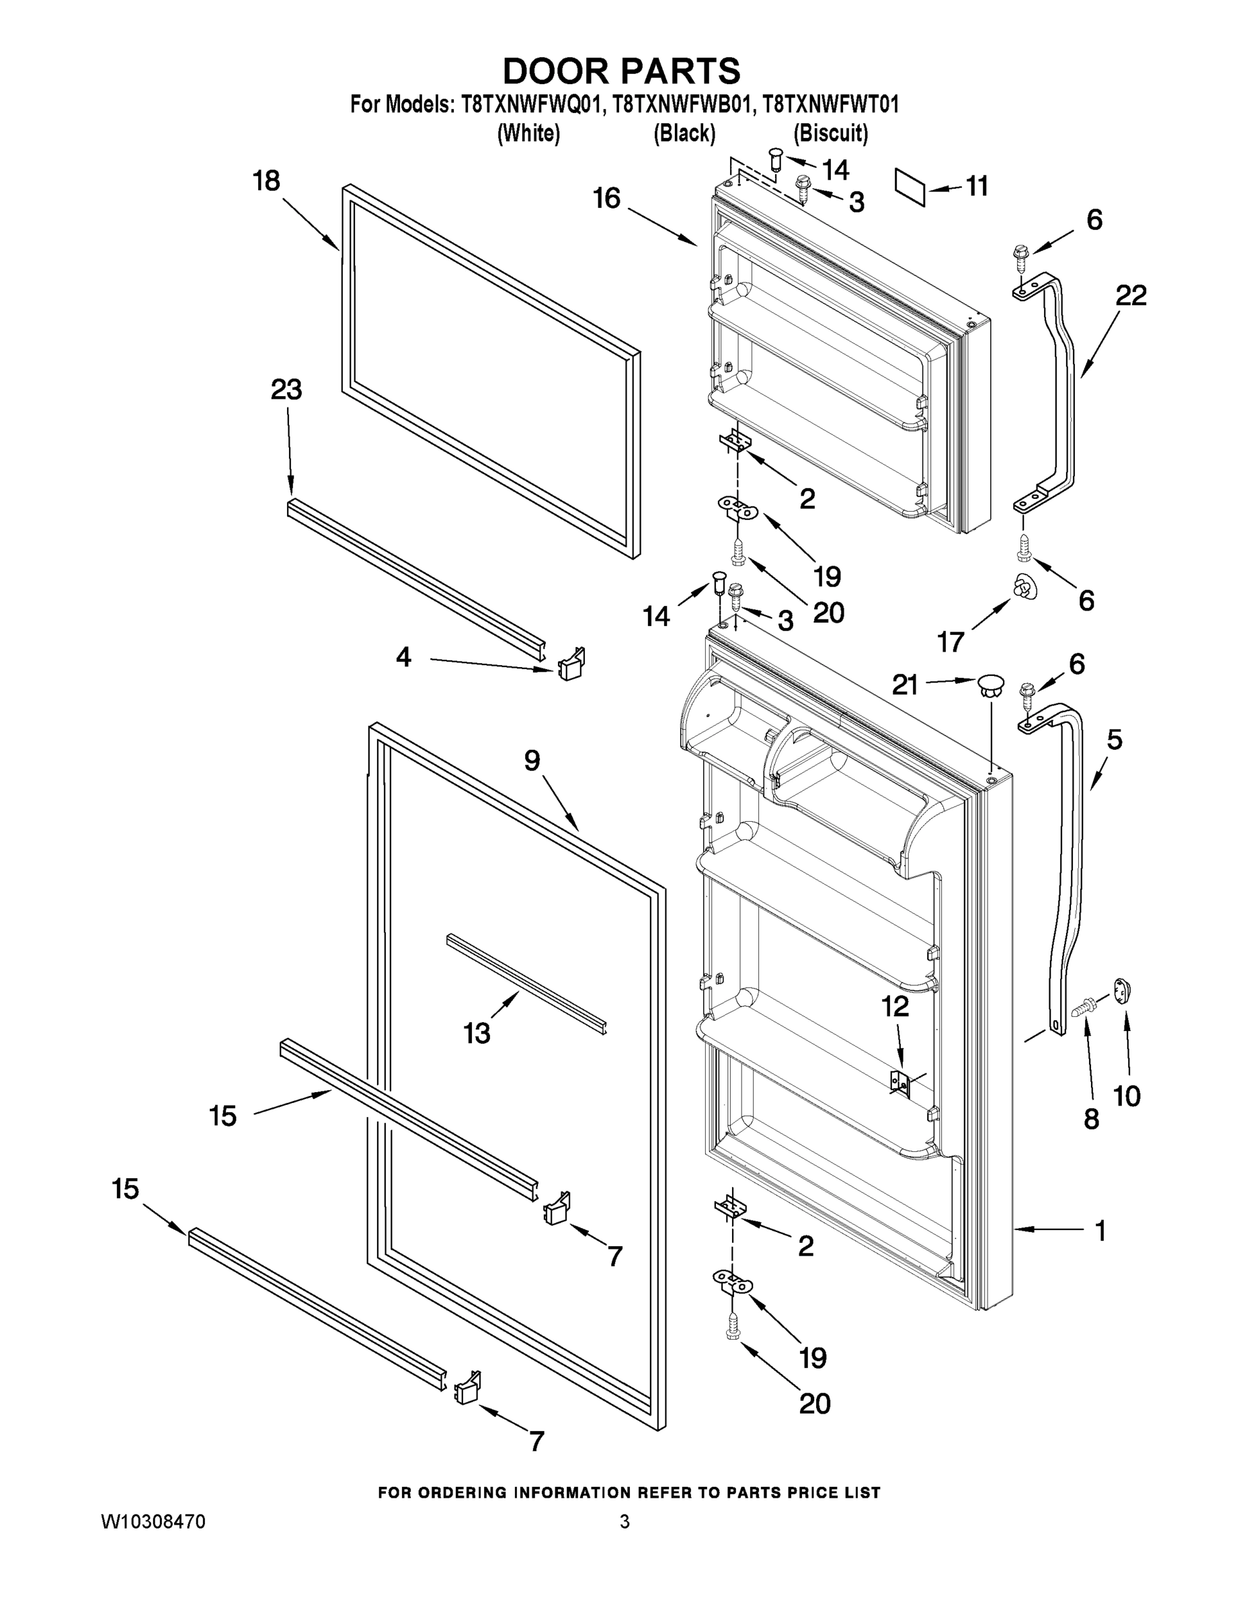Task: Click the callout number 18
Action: tap(267, 181)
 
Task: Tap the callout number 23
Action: tap(286, 389)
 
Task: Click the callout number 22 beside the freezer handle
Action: tap(1130, 296)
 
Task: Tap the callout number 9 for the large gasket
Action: tap(532, 761)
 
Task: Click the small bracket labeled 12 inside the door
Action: tap(901, 1083)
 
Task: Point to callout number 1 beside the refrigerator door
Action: tap(1100, 1231)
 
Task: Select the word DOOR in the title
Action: tap(555, 72)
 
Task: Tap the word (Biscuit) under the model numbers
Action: tap(830, 133)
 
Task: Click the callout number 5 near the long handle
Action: tap(1114, 739)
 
